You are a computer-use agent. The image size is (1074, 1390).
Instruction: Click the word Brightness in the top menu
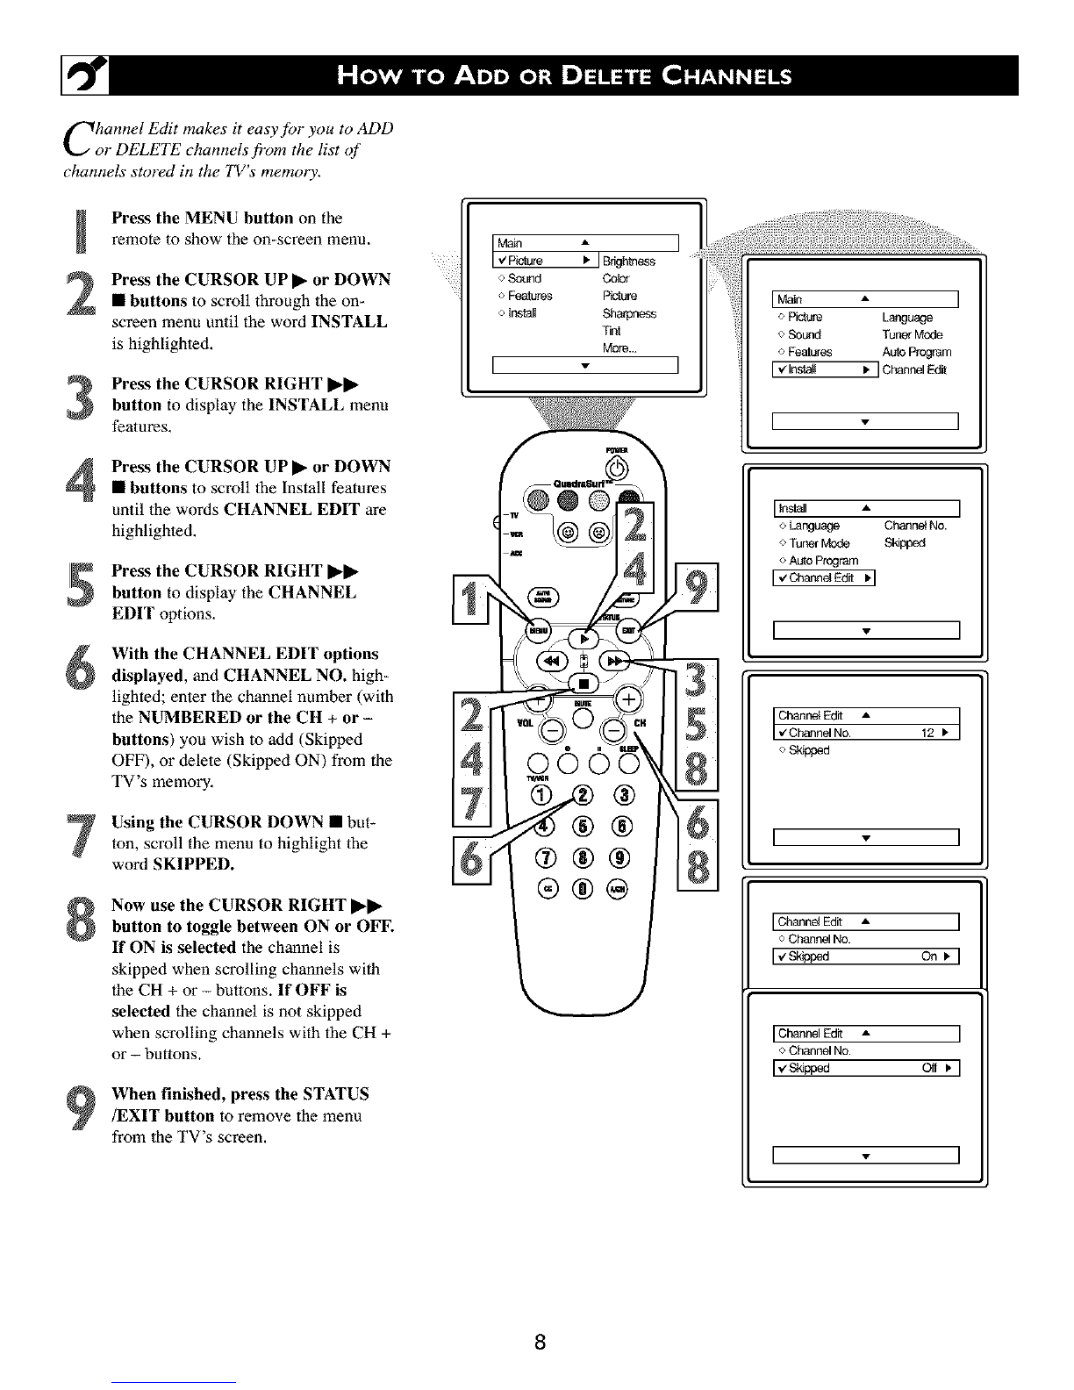[x=628, y=261]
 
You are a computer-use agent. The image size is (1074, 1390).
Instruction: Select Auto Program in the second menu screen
[x=916, y=352]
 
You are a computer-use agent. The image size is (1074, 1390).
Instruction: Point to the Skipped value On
[x=929, y=957]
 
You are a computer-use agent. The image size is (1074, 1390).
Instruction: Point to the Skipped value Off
[x=929, y=1068]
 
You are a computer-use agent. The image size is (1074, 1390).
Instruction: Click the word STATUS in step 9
[x=338, y=1094]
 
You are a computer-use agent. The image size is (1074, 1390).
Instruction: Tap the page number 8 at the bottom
[x=541, y=1342]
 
